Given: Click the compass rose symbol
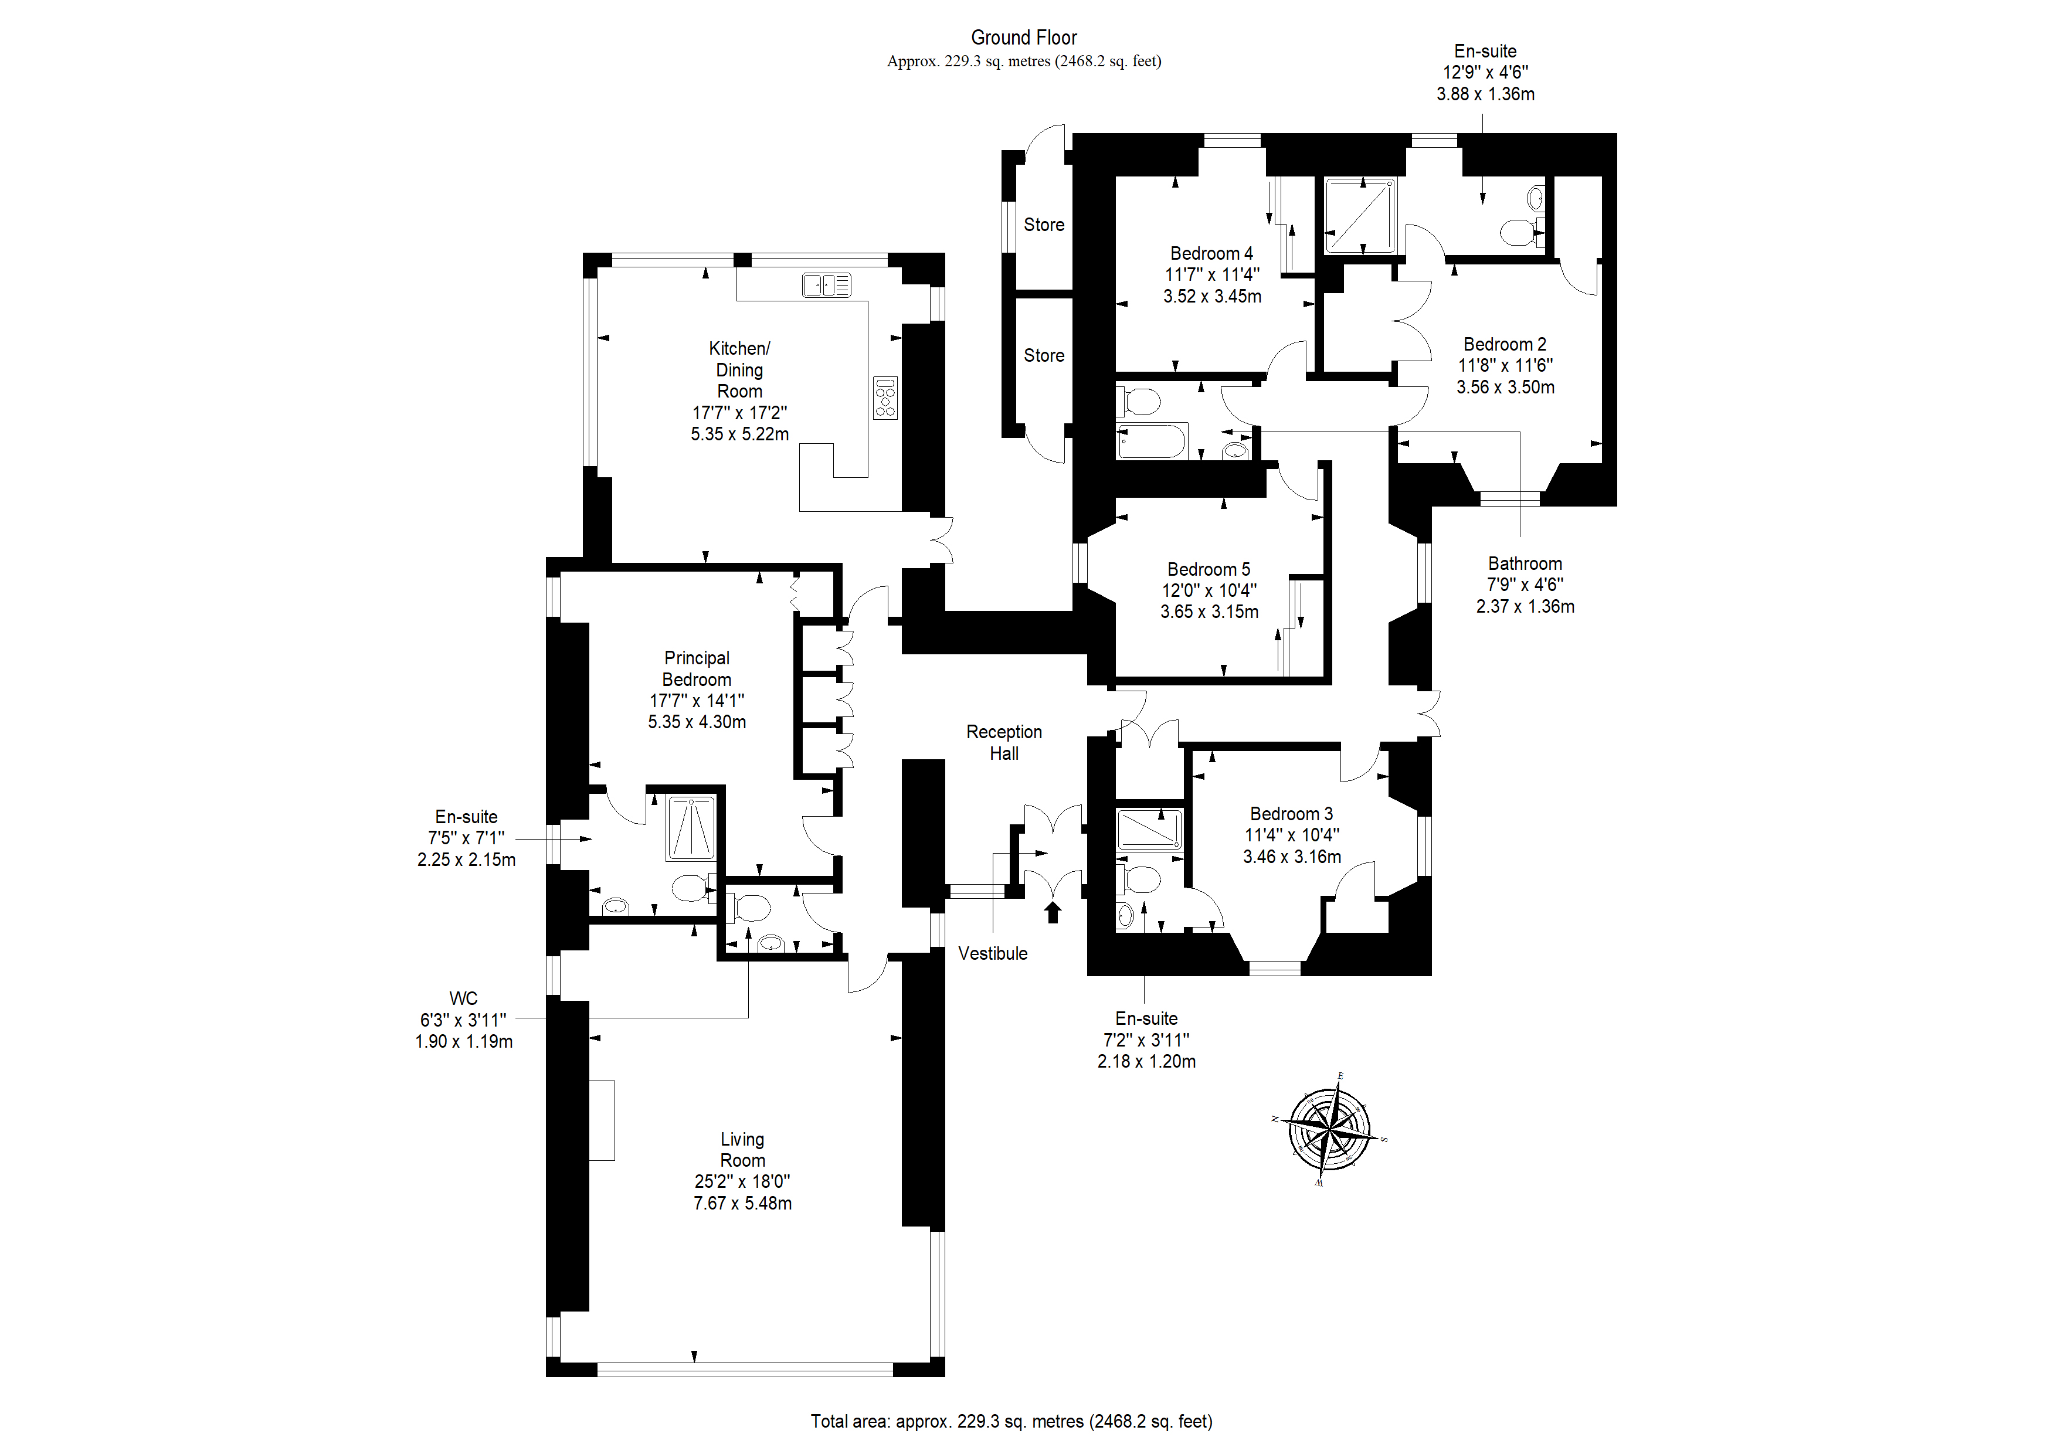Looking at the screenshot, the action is coord(1330,1129).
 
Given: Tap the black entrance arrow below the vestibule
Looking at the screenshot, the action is coord(1053,912).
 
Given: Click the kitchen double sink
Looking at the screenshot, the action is coord(826,285).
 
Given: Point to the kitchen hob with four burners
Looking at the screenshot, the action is coord(885,398).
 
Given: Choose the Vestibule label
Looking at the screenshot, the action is coord(993,953).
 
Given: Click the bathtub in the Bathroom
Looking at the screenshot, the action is coord(1152,441).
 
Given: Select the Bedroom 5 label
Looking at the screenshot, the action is coord(1209,570).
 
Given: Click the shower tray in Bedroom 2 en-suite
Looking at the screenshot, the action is coord(1360,216).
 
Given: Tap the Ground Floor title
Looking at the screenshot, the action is coord(1024,38).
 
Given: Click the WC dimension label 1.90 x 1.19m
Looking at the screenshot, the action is coord(464,1042).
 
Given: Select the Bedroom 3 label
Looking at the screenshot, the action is coord(1291,814).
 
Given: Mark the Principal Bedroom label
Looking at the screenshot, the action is coord(697,668).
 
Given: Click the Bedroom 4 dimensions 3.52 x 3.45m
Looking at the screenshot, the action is coord(1212,297).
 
